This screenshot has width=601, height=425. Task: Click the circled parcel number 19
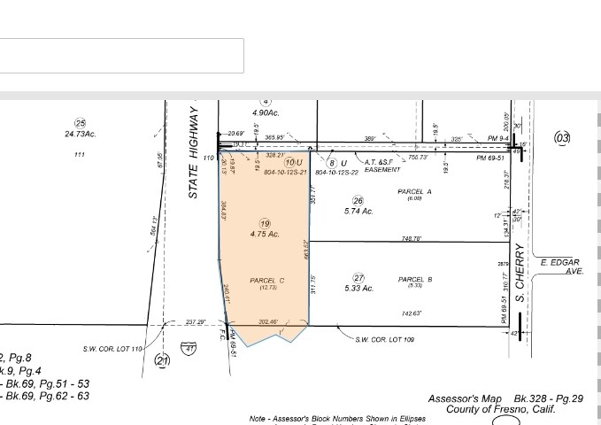(265, 223)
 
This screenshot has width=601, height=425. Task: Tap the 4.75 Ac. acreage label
(265, 235)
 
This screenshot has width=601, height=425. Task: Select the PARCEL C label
(267, 280)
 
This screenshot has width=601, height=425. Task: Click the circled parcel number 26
(358, 201)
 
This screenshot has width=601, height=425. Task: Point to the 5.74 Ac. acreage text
(358, 212)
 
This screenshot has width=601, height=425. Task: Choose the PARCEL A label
(414, 192)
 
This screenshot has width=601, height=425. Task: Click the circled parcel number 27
(358, 278)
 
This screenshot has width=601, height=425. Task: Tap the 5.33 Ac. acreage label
(358, 289)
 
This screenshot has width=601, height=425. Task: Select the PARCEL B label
(414, 280)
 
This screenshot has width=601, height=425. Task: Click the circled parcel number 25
(80, 124)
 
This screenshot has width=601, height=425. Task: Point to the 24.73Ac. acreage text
(80, 135)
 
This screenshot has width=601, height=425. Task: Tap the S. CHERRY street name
(521, 273)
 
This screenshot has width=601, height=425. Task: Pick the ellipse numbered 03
(562, 137)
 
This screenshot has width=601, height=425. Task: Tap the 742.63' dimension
(409, 313)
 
